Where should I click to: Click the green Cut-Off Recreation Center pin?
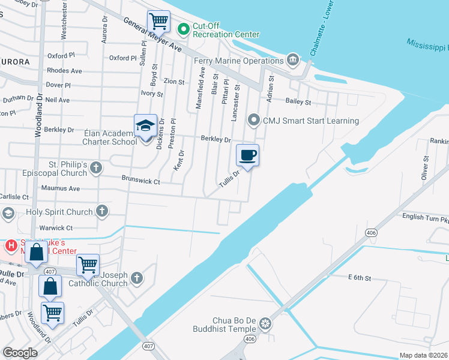tap(183, 27)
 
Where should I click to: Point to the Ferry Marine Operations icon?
tap(292, 59)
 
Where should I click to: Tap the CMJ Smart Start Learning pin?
tap(254, 121)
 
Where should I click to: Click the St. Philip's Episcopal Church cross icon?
tap(97, 169)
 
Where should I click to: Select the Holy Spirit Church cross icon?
tap(102, 211)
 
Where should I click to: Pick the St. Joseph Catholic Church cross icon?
tap(137, 278)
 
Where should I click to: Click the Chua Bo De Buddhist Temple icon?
tap(265, 325)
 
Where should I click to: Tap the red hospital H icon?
tap(10, 245)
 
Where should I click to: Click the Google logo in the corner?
tap(20, 352)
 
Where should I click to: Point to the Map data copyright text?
tap(423, 355)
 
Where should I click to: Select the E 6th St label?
tap(360, 277)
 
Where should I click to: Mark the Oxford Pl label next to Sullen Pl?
tap(123, 58)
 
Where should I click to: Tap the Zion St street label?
tap(173, 82)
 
